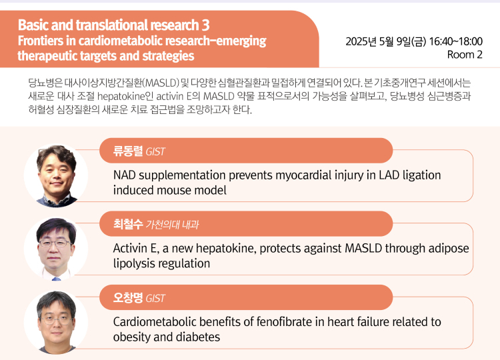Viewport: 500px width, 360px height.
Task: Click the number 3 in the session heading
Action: click(206, 25)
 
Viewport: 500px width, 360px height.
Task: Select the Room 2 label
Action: click(465, 55)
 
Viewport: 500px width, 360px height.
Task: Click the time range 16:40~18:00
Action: click(456, 41)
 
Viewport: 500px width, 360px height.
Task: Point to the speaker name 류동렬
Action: click(128, 151)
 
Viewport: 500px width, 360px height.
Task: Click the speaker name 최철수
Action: click(128, 224)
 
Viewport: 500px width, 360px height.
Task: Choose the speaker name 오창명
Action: click(128, 297)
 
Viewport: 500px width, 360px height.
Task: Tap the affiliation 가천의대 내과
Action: click(172, 225)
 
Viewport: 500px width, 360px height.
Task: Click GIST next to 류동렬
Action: click(155, 151)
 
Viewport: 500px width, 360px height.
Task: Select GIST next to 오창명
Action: click(155, 298)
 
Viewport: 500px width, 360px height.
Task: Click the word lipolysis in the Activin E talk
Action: click(134, 264)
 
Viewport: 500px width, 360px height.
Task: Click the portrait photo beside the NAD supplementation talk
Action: click(56, 176)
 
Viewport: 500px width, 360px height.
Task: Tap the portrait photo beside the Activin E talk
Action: click(56, 249)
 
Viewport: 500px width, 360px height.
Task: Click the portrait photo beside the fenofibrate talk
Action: click(56, 323)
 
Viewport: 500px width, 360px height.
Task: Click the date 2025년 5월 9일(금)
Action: click(386, 41)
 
